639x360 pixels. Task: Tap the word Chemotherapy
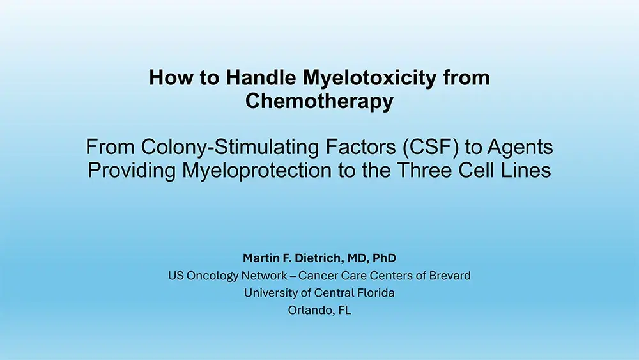click(x=319, y=101)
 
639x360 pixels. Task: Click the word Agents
click(x=520, y=148)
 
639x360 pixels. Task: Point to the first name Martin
click(x=261, y=258)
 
